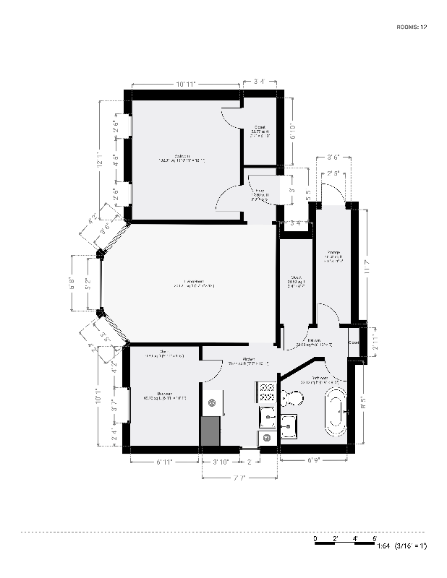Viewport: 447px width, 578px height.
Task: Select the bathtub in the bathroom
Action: tap(335, 412)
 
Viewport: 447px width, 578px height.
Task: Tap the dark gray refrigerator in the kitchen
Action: tap(210, 431)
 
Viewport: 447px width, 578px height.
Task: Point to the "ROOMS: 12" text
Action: tap(412, 27)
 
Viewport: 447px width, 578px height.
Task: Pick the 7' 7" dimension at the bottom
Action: tap(239, 478)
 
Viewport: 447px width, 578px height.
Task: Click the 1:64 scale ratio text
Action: tap(383, 547)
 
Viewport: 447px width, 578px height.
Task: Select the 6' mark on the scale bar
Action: tap(375, 539)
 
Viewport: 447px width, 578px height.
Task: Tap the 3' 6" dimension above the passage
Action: tap(333, 157)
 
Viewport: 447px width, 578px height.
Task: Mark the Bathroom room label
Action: tap(320, 378)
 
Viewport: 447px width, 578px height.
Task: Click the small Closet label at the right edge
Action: tap(354, 342)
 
